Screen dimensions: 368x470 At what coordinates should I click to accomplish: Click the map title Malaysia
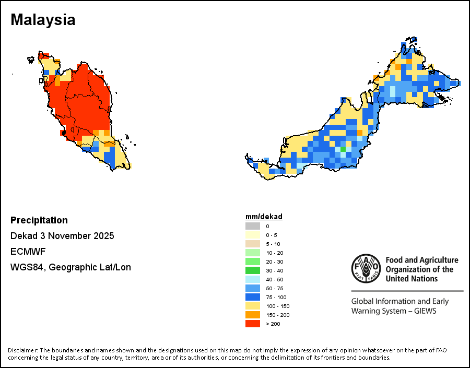(43, 20)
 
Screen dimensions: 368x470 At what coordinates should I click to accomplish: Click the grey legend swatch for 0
(253, 226)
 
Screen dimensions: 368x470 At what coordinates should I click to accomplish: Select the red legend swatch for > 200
(253, 324)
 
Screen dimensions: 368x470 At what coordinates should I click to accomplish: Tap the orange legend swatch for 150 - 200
(253, 315)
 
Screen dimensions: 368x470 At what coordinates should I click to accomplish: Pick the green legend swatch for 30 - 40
(253, 270)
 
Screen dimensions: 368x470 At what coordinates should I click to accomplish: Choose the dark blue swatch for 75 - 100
(253, 297)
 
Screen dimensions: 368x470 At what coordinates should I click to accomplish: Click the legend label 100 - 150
(277, 306)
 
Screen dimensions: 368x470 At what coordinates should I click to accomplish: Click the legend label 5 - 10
(273, 244)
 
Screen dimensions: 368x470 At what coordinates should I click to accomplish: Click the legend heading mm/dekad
(264, 217)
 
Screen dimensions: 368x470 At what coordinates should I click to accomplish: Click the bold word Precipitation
(39, 220)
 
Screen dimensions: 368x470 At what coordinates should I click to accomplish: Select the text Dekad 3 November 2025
(62, 236)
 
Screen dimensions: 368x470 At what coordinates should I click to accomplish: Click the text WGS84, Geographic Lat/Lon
(70, 267)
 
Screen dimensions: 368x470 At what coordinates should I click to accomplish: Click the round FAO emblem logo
(366, 269)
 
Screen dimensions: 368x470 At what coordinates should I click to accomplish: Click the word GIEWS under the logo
(424, 311)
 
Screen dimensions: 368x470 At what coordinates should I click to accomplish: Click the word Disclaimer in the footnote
(22, 350)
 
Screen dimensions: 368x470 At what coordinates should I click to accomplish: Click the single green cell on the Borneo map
(343, 149)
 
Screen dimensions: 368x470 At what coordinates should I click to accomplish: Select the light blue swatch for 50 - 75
(253, 288)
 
